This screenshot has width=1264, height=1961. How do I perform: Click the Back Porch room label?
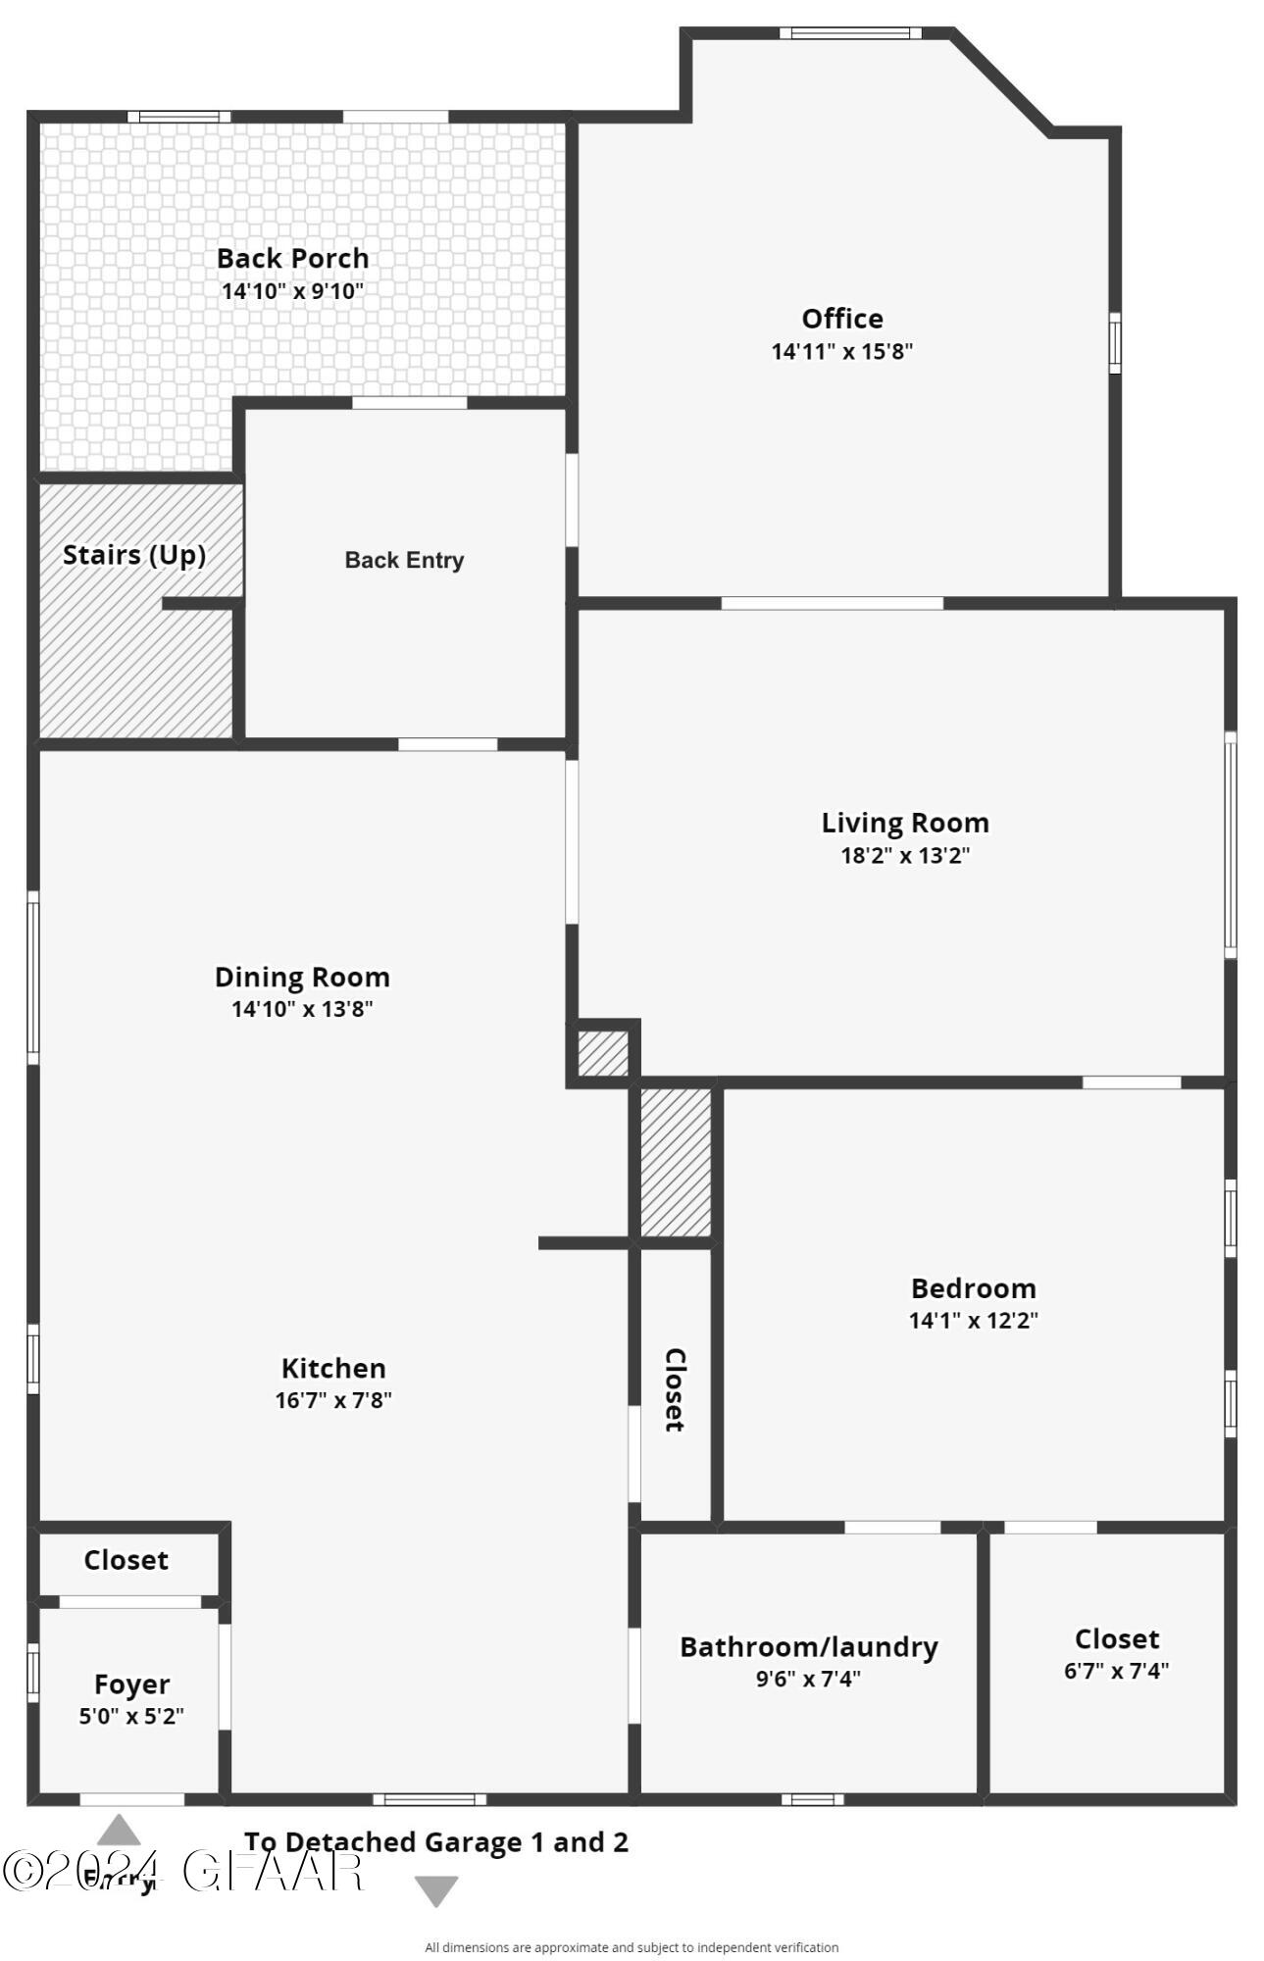point(292,259)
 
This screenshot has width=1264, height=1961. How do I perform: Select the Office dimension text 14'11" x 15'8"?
point(841,352)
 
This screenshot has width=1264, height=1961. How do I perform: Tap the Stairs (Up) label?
point(134,555)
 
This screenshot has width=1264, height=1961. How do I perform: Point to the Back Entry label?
point(404,560)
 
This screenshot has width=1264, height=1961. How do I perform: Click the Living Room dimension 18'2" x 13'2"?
point(905,855)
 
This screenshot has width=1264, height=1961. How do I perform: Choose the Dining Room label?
point(302,977)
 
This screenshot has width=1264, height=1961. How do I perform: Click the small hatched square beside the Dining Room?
point(602,1053)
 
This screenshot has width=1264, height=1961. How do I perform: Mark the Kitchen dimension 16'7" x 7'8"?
point(333,1400)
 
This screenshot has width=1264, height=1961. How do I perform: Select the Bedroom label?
point(973,1288)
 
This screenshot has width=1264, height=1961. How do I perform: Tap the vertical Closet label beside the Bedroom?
point(675,1389)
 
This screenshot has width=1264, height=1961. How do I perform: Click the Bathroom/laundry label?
point(808,1646)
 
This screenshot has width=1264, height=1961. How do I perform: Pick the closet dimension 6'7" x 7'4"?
point(1116,1671)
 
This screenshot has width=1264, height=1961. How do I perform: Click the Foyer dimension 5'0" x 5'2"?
point(131,1716)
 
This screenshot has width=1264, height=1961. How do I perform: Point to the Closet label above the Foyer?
point(126,1560)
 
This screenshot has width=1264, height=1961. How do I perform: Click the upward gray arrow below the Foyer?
point(119,1831)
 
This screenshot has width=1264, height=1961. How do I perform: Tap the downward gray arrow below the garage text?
point(436,1889)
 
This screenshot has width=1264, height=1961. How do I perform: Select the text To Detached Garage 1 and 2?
point(436,1842)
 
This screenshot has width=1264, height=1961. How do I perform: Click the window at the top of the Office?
point(850,33)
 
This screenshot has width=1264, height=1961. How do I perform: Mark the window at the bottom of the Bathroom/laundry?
point(812,1799)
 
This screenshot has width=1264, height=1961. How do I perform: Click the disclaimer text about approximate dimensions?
point(632,1947)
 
